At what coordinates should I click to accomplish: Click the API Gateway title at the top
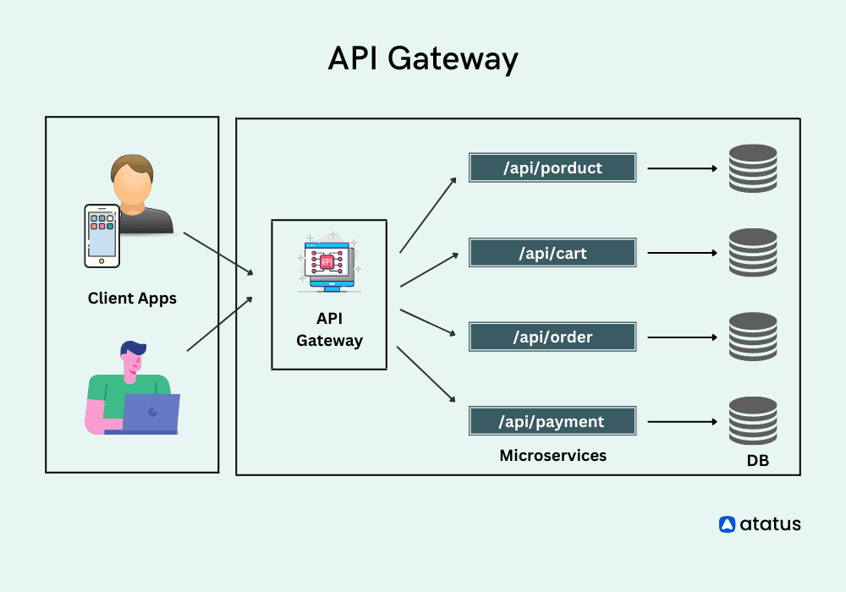pos(422,60)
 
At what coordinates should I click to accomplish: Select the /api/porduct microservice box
pos(552,167)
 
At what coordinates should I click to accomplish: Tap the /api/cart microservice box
pos(552,253)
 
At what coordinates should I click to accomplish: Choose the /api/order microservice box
pos(552,337)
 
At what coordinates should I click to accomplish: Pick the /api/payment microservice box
pos(552,421)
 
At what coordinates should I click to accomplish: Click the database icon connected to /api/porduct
pos(752,168)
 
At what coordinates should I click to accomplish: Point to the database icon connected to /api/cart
pos(752,253)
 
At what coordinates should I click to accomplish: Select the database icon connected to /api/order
pos(752,337)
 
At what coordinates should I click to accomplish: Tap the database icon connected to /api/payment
pos(752,421)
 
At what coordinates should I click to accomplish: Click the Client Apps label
pos(132,299)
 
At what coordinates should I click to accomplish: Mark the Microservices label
pos(552,456)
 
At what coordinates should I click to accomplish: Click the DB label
pos(757,462)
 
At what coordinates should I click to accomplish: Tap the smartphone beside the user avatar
pos(101,235)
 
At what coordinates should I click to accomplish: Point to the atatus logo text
pos(770,524)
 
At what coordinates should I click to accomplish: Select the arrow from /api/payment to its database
pos(682,421)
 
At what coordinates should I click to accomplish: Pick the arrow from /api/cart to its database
pos(682,253)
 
